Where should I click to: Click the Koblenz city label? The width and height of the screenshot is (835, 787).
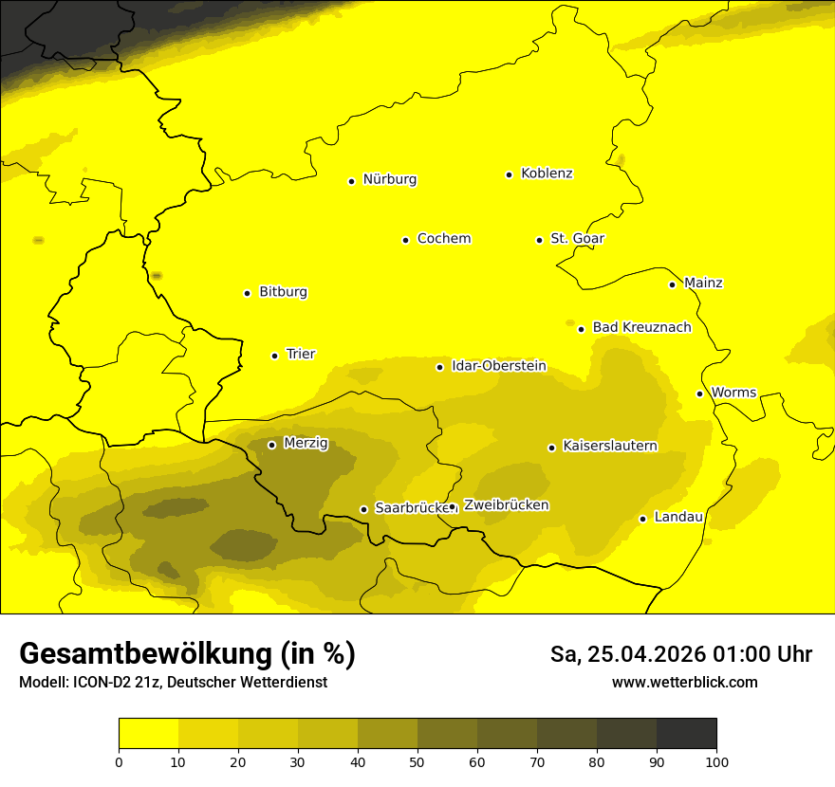point(547,174)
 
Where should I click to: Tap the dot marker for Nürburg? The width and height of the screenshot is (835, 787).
point(351,181)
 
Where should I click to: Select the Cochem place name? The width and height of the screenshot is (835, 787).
point(443,239)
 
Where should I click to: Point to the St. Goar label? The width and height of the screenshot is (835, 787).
point(577,239)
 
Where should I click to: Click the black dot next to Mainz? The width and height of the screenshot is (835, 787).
point(672,284)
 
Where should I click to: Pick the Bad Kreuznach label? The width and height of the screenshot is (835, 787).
point(641,328)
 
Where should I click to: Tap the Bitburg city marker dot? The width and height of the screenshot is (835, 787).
point(247,293)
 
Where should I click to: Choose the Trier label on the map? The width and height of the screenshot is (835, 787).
point(300,355)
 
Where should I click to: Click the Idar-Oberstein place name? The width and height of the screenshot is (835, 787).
point(498,366)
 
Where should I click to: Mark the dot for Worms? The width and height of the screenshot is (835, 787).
point(699,393)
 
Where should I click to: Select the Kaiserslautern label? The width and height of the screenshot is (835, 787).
point(610,447)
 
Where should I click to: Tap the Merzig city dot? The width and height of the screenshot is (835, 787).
point(271,445)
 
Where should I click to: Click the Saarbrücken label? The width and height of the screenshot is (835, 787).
point(411,508)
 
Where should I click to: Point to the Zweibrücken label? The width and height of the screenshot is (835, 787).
point(506,505)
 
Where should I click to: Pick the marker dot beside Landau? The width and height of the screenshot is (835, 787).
point(642,519)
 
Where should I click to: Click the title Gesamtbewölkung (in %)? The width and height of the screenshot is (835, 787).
point(187,654)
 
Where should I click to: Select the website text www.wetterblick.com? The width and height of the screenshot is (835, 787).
point(684,683)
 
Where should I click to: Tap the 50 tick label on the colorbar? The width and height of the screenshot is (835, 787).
point(417,761)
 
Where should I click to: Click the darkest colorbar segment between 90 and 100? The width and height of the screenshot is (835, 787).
point(686,733)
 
